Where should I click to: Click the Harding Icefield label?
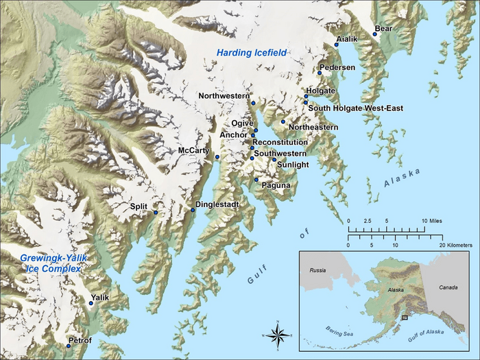(x=251, y=53)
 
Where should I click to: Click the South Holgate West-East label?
(x=355, y=108)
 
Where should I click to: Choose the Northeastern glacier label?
(x=313, y=128)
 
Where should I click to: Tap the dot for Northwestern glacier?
(x=253, y=103)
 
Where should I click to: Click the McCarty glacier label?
(x=193, y=150)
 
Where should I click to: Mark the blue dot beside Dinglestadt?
(x=193, y=210)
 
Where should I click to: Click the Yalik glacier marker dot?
(x=91, y=302)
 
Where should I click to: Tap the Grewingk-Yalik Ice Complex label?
(x=50, y=263)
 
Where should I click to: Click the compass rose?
(x=278, y=335)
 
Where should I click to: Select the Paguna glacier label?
(x=276, y=185)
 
